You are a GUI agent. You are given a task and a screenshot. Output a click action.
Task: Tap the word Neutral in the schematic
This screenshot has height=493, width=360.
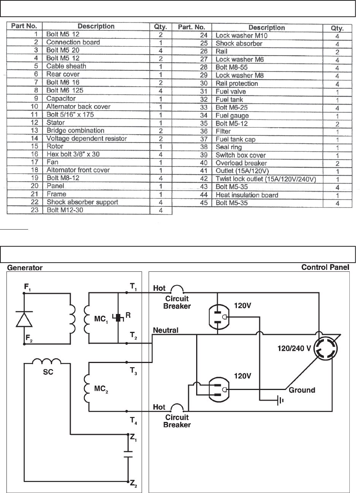click(165, 330)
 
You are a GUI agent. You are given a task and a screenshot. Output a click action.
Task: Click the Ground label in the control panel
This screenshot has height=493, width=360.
click(302, 390)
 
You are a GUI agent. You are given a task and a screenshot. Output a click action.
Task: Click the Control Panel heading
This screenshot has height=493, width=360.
click(325, 267)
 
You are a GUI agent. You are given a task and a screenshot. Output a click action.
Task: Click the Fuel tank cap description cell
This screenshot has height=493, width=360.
click(235, 139)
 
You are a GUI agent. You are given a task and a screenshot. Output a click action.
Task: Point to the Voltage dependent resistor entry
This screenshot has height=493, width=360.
click(86, 138)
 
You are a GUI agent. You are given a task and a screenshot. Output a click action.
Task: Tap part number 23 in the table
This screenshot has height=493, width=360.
click(37, 210)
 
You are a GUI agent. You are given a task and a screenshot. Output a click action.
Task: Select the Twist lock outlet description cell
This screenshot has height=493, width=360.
click(266, 179)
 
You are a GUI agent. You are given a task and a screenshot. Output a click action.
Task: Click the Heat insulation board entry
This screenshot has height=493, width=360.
click(247, 195)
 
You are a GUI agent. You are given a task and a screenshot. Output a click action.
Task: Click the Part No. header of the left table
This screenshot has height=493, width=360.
click(24, 27)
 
